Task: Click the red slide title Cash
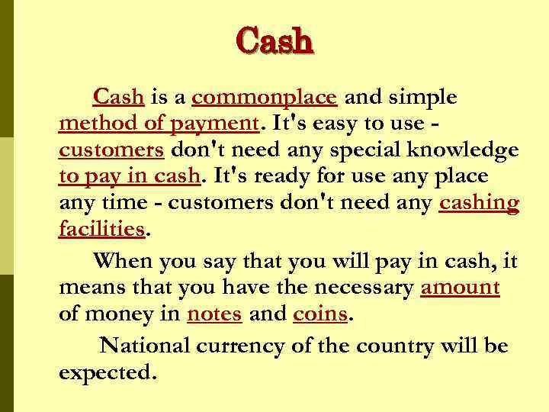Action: click(274, 40)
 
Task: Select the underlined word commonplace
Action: click(264, 98)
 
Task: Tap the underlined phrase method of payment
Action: click(159, 124)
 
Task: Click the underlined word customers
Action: click(111, 149)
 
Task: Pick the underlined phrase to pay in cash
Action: click(129, 176)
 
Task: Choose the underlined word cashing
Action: click(479, 202)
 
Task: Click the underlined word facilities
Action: click(101, 228)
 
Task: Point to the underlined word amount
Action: click(460, 288)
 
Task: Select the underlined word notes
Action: click(214, 314)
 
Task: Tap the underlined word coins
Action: click(320, 314)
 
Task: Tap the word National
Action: click(146, 346)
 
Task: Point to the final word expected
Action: click(107, 373)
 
